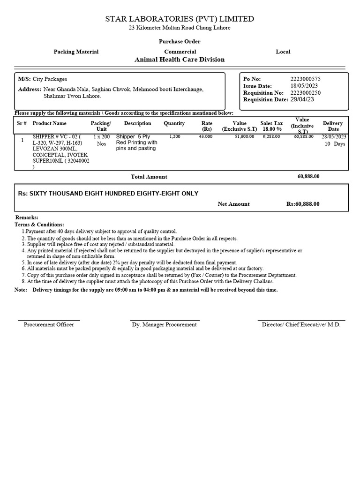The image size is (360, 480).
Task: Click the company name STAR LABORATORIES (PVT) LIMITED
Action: [180, 19]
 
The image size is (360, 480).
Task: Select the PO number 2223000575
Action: [306, 79]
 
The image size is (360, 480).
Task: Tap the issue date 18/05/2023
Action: [305, 86]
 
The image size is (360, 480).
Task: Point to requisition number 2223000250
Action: [306, 93]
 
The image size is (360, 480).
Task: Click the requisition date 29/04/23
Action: [302, 99]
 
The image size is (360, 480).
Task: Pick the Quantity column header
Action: [174, 123]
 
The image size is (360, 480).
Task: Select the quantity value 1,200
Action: [175, 136]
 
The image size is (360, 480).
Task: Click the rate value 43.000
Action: [205, 136]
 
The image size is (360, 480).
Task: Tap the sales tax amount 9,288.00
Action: [271, 136]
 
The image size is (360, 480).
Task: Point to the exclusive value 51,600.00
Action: [245, 136]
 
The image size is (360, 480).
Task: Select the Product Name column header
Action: [50, 123]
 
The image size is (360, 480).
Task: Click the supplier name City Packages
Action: [50, 79]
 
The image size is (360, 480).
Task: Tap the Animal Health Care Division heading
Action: [180, 60]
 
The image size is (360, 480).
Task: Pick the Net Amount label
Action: [233, 204]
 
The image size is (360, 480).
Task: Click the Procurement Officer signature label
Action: [49, 324]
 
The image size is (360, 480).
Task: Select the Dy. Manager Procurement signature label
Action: [164, 324]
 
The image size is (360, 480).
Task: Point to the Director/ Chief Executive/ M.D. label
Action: [301, 324]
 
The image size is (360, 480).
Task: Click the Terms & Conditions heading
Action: [39, 225]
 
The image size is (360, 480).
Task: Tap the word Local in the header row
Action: [283, 52]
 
